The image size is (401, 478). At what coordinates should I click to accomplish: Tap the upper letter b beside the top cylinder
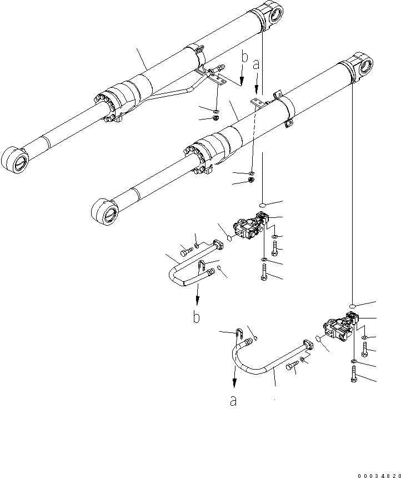(x=244, y=58)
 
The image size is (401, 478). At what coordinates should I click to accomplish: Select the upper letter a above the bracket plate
(x=256, y=65)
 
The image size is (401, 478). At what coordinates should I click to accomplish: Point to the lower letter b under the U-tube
(x=196, y=317)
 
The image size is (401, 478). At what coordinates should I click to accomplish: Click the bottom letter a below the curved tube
(x=234, y=401)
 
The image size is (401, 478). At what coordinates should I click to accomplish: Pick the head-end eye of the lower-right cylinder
(x=365, y=66)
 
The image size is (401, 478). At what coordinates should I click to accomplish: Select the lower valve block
(x=339, y=328)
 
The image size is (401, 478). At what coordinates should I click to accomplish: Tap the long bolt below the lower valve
(x=353, y=376)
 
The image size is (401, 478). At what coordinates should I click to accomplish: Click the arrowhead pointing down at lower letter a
(x=234, y=384)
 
